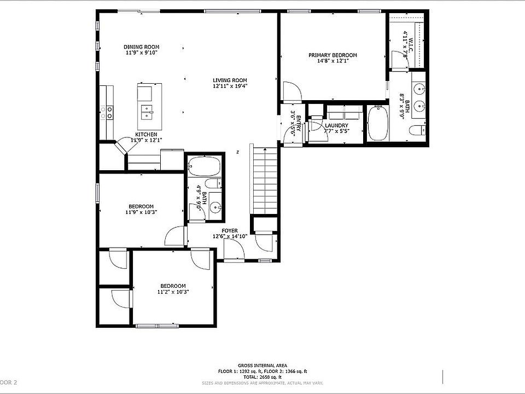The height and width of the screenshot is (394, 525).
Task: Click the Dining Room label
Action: click(x=141, y=47)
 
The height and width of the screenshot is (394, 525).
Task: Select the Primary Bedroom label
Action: click(x=332, y=55)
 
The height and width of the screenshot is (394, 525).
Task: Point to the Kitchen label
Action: click(x=146, y=135)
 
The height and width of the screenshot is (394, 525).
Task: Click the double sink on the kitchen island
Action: click(x=147, y=112)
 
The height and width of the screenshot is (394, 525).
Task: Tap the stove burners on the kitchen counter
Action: click(x=106, y=113)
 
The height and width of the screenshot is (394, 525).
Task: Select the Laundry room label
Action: click(x=336, y=126)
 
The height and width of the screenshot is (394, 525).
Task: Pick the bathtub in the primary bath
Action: click(x=378, y=123)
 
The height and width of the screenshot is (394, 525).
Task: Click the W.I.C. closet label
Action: click(x=406, y=44)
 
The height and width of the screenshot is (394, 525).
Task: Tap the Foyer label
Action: click(x=230, y=231)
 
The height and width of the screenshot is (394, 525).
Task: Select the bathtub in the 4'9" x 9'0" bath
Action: click(x=204, y=166)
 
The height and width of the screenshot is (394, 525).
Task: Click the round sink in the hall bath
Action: click(x=215, y=207)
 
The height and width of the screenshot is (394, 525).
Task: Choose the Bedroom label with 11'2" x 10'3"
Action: click(x=173, y=286)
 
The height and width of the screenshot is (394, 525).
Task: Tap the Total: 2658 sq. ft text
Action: click(x=262, y=377)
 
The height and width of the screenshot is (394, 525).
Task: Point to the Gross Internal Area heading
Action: click(x=262, y=366)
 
